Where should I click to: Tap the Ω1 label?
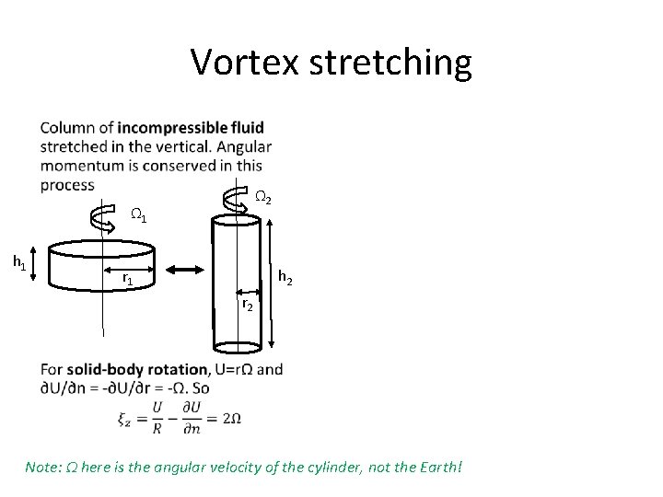coord(138,216)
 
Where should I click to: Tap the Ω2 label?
coord(262,197)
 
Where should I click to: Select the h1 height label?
coord(18,262)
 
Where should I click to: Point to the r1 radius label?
coord(130,277)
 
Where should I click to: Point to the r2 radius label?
coord(248,304)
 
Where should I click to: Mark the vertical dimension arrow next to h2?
coord(272,282)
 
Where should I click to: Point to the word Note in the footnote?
coord(42,467)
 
